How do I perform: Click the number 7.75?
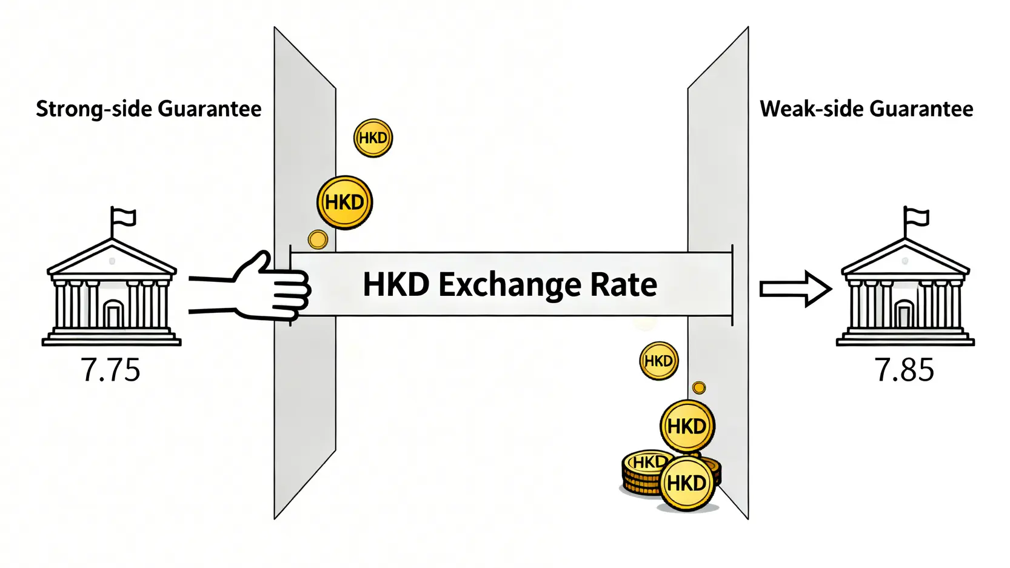110,370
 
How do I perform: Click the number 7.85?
904,370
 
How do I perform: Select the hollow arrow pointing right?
795,289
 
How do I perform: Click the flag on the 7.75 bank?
124,217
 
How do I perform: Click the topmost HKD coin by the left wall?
373,138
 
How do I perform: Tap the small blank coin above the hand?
318,239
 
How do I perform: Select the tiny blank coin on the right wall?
698,387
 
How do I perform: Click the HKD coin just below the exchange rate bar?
658,361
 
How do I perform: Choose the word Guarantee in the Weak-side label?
921,109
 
